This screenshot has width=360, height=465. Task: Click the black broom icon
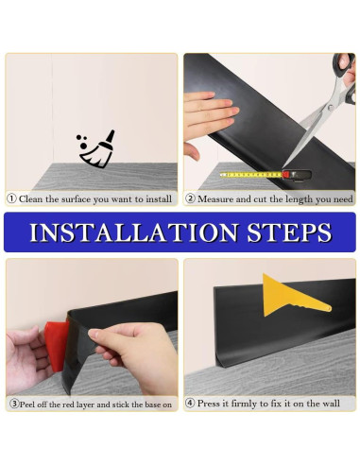(96, 148)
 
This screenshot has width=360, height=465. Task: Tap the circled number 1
(11, 198)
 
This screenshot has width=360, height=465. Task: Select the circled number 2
(190, 198)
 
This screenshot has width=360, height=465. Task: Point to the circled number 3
(14, 404)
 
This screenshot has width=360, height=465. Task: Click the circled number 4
(190, 403)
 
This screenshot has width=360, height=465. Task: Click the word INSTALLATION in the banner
(134, 232)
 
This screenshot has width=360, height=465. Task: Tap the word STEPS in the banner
(289, 232)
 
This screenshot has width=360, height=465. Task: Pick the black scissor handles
(346, 76)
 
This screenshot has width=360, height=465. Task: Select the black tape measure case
(297, 175)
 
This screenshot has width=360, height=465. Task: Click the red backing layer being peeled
(57, 346)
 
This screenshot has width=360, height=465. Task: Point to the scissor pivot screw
(330, 108)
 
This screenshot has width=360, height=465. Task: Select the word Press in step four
(208, 404)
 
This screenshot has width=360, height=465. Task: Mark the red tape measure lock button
(287, 174)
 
